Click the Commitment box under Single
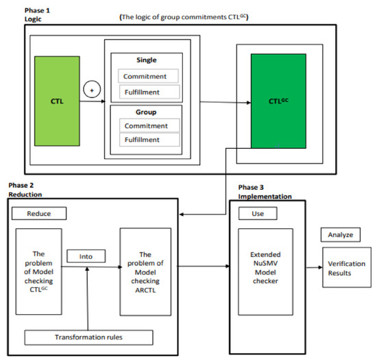[149, 75]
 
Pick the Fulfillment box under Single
[149, 91]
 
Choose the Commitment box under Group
[149, 125]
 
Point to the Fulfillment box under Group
[149, 140]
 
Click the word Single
[149, 60]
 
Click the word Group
[149, 110]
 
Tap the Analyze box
[341, 235]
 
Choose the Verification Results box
[346, 269]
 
